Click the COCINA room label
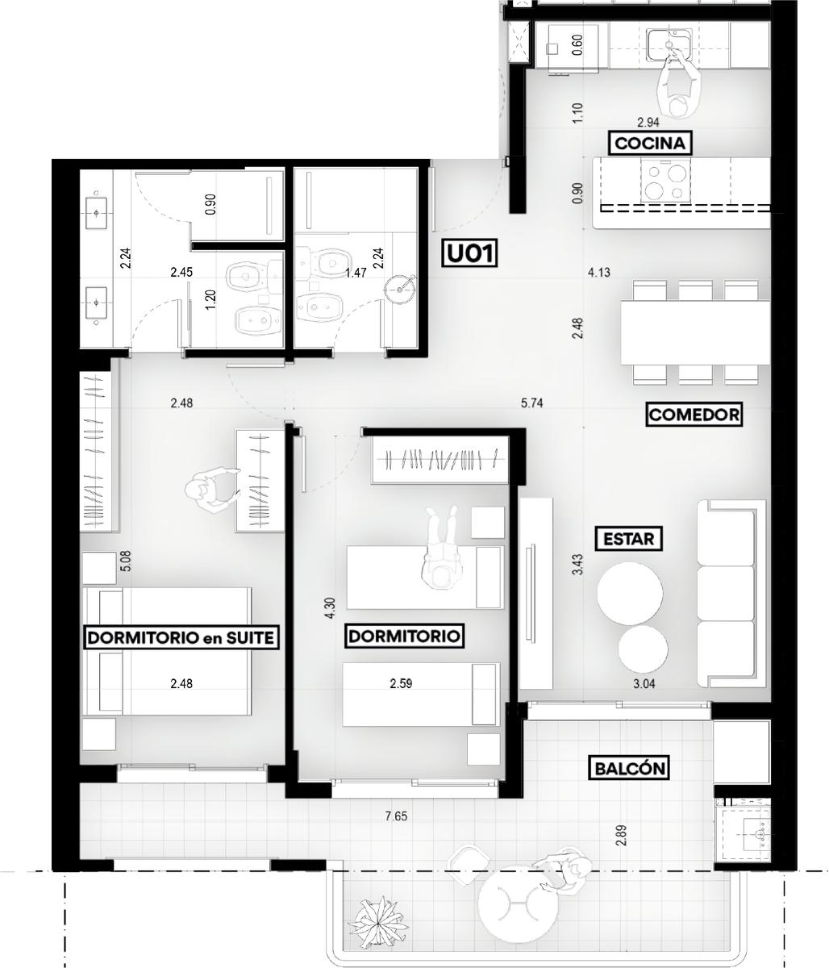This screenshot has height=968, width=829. (649, 144)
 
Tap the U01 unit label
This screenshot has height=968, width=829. (469, 254)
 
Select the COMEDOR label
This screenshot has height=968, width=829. (694, 414)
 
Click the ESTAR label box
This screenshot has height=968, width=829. (628, 539)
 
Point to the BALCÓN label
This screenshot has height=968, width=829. (630, 768)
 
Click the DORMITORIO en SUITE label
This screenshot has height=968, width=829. (181, 637)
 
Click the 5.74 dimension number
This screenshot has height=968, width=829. (531, 403)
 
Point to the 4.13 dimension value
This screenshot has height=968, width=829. (598, 272)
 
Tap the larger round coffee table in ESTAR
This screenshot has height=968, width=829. (630, 592)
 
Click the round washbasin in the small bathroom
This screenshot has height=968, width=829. (399, 290)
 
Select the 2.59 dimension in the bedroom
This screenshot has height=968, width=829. (401, 684)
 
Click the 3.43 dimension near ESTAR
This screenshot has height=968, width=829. (578, 565)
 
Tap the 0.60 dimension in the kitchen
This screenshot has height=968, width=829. (577, 45)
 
